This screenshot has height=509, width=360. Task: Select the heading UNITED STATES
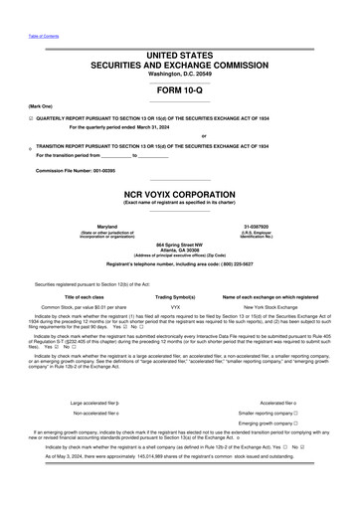tap(179, 53)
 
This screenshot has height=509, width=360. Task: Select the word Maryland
tap(104, 228)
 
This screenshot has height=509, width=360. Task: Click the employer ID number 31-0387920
tap(257, 228)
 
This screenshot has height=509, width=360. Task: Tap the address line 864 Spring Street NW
tap(179, 245)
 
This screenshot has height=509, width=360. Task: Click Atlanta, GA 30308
tap(179, 250)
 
